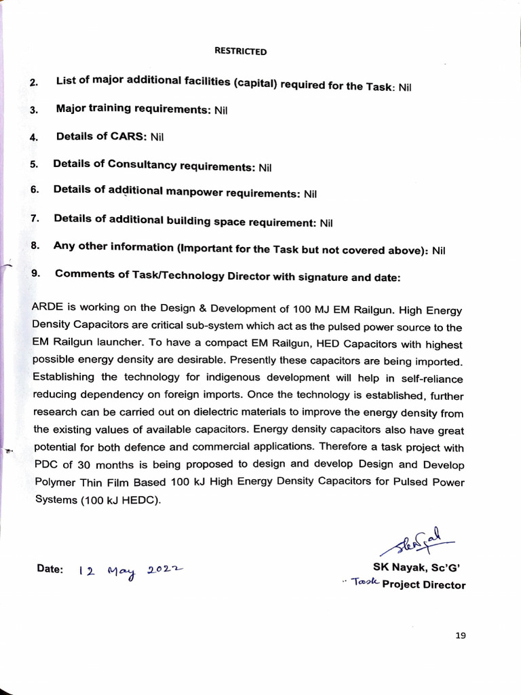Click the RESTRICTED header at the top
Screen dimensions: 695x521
point(240,51)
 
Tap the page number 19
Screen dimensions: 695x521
point(461,635)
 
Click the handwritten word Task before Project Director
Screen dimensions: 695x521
point(365,583)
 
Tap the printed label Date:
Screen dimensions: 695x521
point(50,569)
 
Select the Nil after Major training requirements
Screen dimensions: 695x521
point(220,110)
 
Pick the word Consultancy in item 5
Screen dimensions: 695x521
point(147,165)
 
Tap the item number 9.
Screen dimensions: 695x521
point(35,274)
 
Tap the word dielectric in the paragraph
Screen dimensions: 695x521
point(229,412)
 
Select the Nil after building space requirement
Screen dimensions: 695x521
point(326,222)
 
